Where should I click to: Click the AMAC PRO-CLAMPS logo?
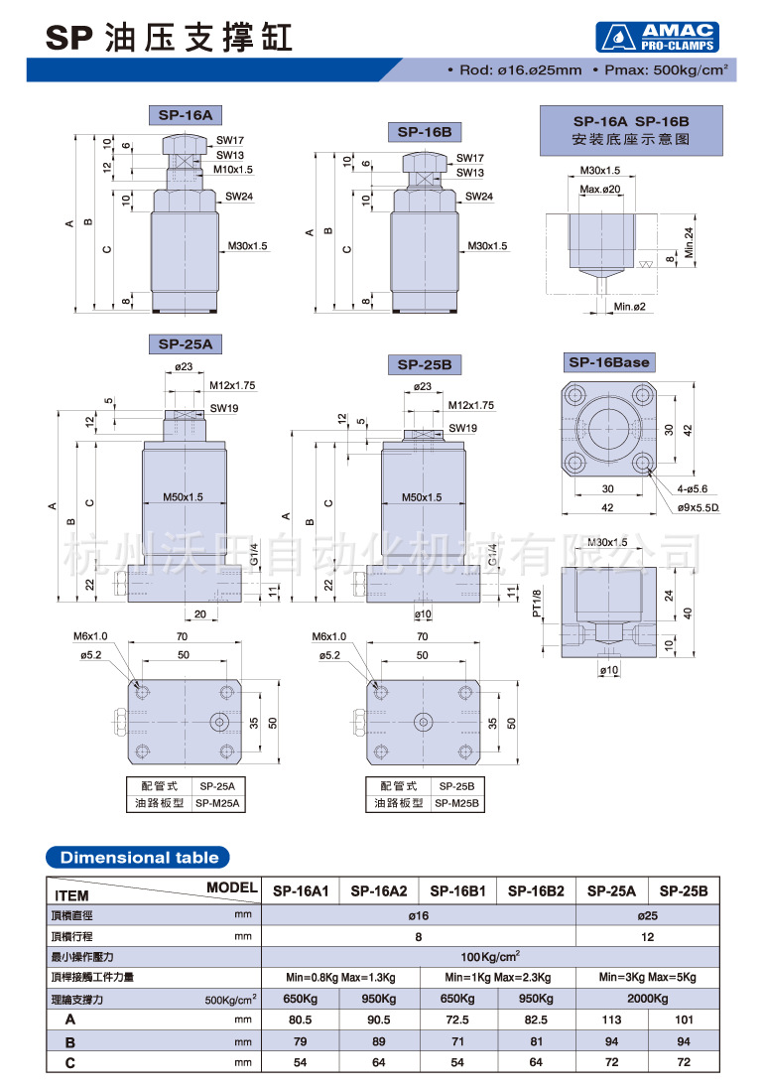[657, 37]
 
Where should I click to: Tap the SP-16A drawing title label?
[186, 115]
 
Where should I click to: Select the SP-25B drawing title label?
[425, 364]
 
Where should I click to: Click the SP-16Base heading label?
[609, 362]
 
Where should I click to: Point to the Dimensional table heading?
[138, 857]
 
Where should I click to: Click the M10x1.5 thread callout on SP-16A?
[232, 169]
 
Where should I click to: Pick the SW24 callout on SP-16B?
[479, 196]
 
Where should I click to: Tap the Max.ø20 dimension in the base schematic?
[600, 189]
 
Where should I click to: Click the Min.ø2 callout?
[629, 307]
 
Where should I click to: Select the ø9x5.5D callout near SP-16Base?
[699, 507]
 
